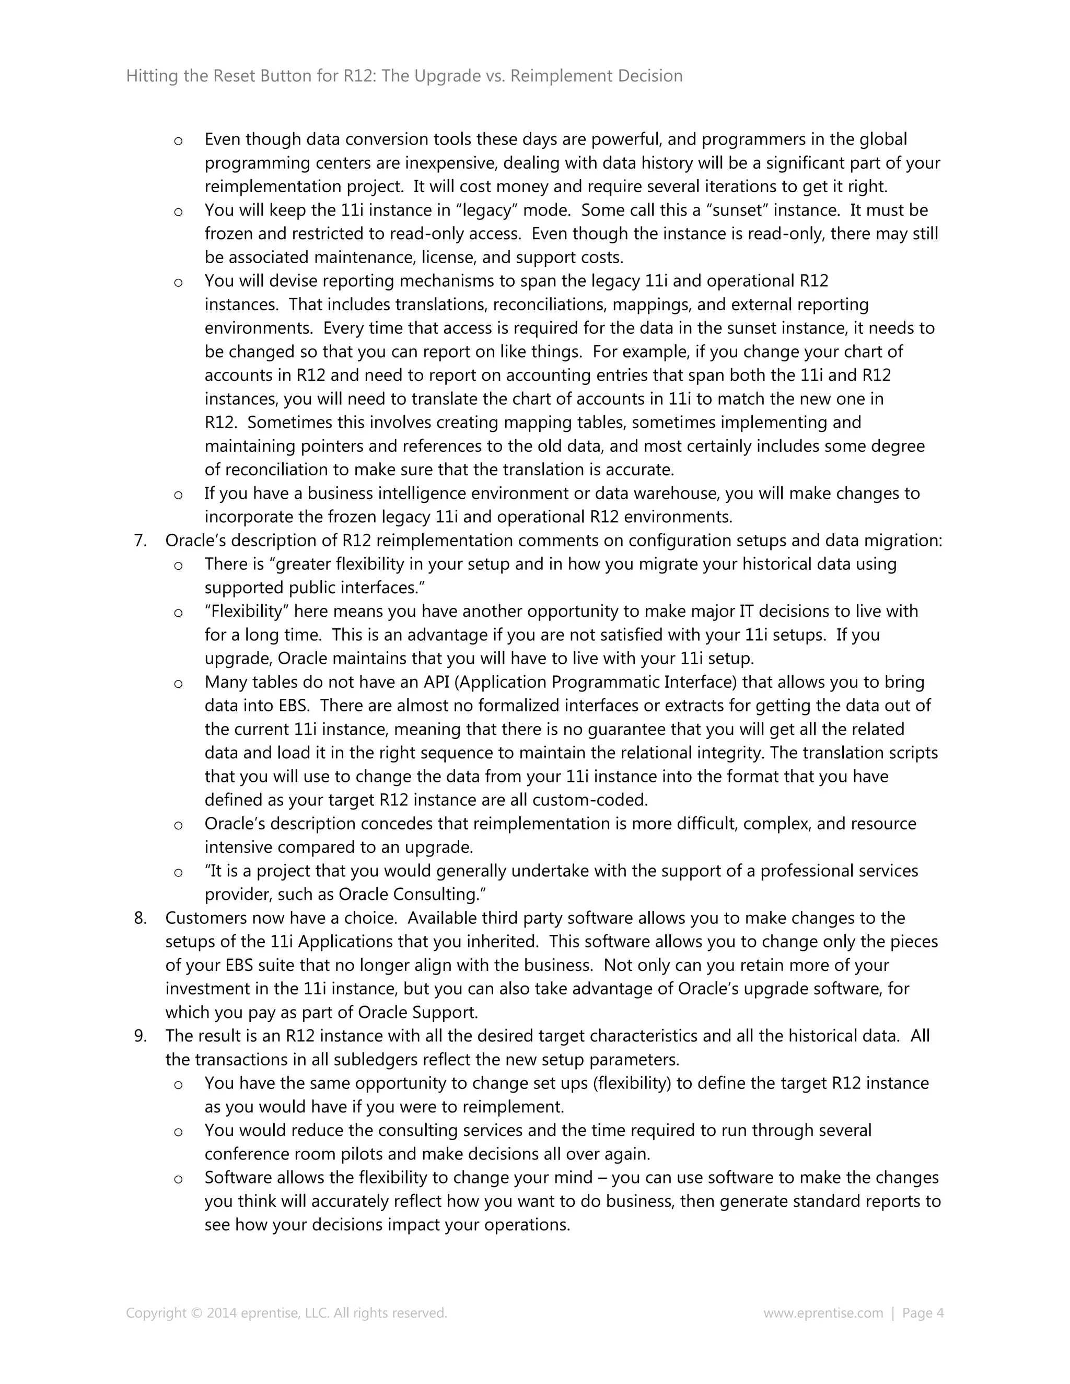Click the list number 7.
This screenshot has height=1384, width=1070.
[x=139, y=541]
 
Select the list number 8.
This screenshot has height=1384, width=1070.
[x=139, y=918]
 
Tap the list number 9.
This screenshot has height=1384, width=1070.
[x=139, y=1036]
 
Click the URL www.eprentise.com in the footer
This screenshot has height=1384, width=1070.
[x=823, y=1312]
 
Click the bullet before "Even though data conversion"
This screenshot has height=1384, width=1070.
[x=179, y=140]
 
